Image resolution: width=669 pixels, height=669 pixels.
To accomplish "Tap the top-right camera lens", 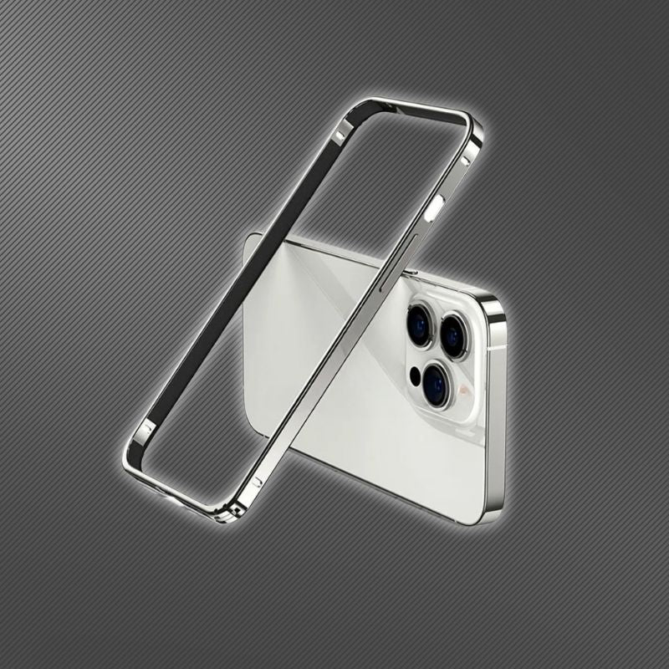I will point(453,336).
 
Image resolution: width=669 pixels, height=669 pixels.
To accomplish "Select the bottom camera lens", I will point(435,384).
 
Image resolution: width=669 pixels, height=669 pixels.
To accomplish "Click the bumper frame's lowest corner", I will point(224,518).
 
